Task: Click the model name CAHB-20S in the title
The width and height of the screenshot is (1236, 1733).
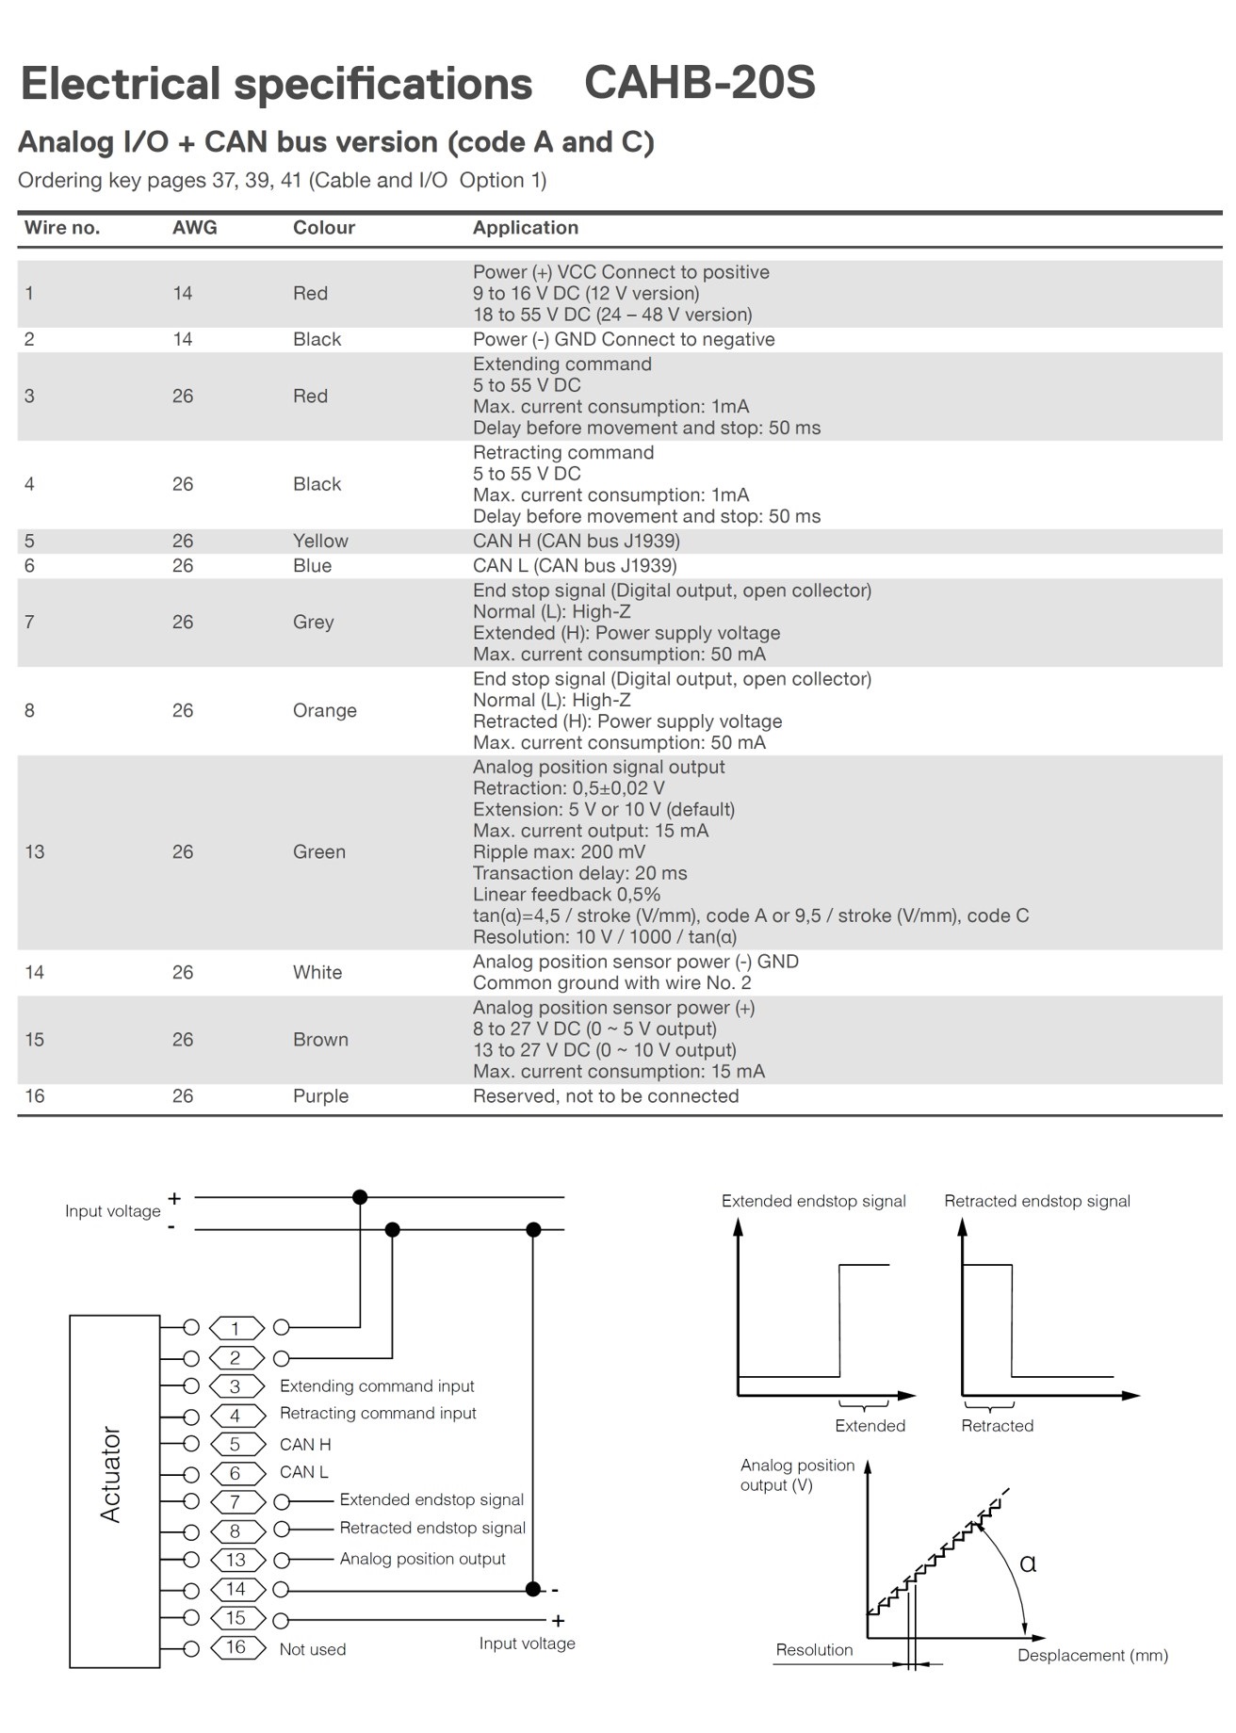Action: point(699,83)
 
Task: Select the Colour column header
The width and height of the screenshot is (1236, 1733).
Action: point(323,228)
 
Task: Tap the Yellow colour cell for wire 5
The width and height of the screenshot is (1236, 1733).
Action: point(320,541)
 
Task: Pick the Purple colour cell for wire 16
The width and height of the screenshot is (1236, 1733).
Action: point(320,1096)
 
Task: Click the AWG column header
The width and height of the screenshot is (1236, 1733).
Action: point(194,228)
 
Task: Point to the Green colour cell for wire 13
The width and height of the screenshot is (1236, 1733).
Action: point(318,851)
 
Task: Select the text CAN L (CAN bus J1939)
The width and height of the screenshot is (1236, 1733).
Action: point(575,565)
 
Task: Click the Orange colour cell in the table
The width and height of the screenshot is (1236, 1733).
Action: point(324,710)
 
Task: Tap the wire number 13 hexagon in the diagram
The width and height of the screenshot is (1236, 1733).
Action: point(236,1560)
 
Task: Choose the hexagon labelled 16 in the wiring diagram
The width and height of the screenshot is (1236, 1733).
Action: point(236,1647)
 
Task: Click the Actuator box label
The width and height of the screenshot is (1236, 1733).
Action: point(111,1474)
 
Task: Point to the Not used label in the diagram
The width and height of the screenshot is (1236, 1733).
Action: point(313,1649)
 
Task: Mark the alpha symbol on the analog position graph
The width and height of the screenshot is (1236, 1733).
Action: point(1028,1564)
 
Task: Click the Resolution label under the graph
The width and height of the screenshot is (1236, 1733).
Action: point(814,1649)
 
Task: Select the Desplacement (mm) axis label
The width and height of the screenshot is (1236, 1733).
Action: point(1092,1655)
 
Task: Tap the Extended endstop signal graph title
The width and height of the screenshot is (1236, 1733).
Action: point(813,1201)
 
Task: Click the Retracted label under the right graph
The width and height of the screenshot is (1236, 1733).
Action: point(997,1426)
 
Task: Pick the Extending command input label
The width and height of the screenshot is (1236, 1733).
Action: point(377,1386)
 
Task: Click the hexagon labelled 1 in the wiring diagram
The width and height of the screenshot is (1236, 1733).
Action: point(236,1328)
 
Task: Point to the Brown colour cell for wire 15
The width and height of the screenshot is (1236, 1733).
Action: point(320,1040)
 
